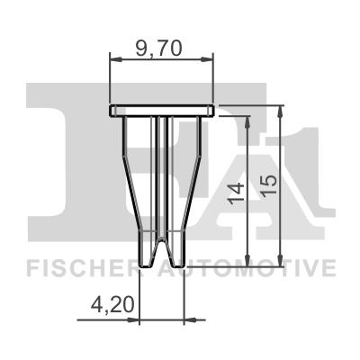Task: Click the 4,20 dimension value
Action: (x=113, y=305)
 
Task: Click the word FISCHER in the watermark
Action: (x=77, y=267)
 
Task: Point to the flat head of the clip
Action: (x=162, y=110)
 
